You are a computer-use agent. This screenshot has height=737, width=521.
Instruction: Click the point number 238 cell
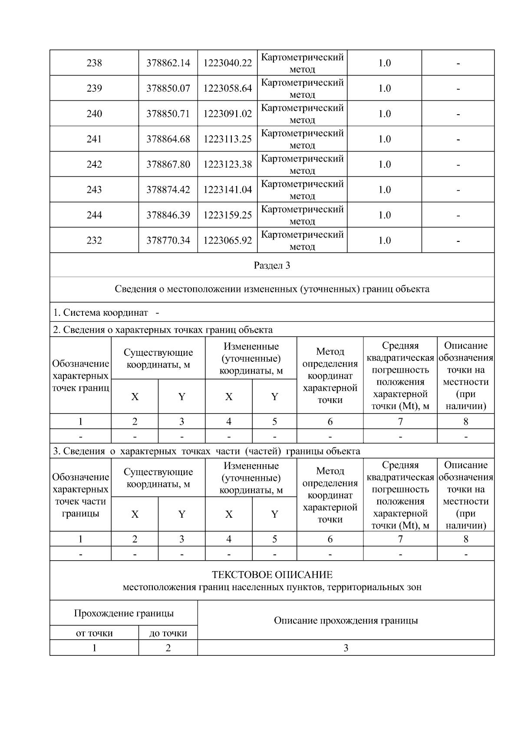tap(94, 63)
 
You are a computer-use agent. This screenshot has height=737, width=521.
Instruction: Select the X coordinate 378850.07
tap(168, 89)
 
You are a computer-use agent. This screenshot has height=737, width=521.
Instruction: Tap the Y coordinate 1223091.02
tap(228, 114)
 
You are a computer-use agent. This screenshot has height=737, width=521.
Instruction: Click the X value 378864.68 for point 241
tap(168, 139)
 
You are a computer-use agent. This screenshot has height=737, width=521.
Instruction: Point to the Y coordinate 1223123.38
tap(228, 165)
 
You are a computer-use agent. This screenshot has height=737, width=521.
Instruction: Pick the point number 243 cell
tap(94, 190)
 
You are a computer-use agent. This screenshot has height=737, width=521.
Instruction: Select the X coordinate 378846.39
tap(168, 215)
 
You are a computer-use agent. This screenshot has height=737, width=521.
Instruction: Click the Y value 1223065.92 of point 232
tap(228, 241)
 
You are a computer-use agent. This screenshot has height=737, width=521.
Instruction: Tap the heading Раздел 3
tap(272, 265)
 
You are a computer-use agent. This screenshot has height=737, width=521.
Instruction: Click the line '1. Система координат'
tap(101, 313)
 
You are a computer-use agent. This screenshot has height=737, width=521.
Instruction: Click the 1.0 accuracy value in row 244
tap(384, 215)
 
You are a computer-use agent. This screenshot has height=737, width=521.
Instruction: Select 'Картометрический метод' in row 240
tap(303, 114)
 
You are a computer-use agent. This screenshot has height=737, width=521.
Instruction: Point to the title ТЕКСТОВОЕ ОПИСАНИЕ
tap(272, 575)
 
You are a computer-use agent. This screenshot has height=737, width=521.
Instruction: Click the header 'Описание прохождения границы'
tap(346, 621)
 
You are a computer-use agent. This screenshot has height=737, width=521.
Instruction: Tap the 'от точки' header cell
tap(94, 633)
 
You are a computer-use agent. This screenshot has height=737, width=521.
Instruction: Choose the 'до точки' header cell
tap(168, 633)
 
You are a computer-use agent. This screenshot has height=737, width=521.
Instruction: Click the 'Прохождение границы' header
tap(124, 613)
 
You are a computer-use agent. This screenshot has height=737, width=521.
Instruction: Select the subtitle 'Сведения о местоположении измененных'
tap(272, 289)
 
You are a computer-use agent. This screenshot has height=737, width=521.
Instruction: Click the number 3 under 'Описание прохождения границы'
tap(346, 648)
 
